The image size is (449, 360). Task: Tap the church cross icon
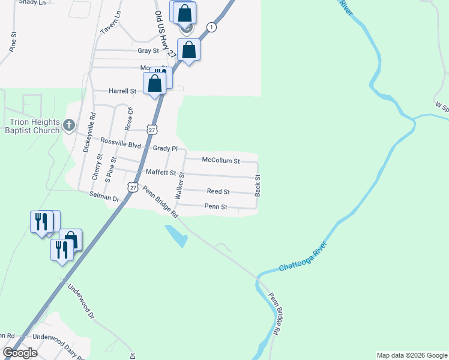click(69, 125)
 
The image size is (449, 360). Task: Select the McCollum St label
click(221, 161)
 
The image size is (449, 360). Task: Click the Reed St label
click(218, 191)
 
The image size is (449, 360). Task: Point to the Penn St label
click(215, 206)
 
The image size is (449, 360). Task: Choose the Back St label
click(258, 185)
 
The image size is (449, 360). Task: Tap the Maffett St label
click(161, 173)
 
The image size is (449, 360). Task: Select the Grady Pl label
click(166, 148)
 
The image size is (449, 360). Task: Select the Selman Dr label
click(104, 196)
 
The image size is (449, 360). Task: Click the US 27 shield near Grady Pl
click(152, 130)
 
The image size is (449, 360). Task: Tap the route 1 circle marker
click(211, 27)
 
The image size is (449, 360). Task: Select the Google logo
click(20, 353)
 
